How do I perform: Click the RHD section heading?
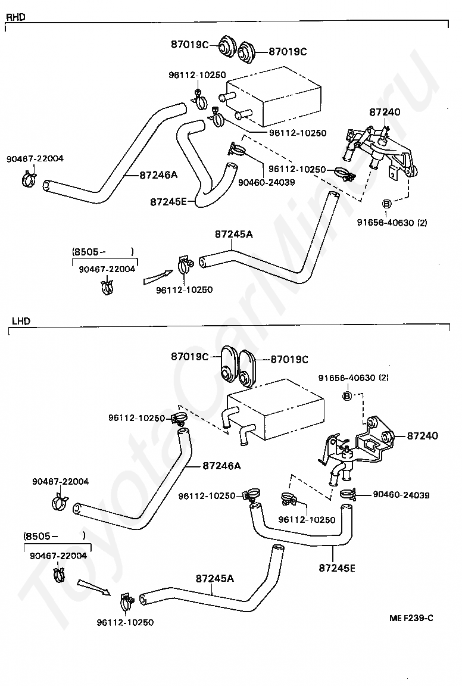[x=15, y=17]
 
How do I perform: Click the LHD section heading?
[x=21, y=321]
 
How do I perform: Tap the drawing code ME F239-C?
[x=411, y=618]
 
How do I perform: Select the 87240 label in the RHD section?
[x=385, y=112]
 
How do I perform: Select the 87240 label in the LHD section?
[x=422, y=436]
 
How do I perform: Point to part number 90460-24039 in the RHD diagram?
[x=267, y=182]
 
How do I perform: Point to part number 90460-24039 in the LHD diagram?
[x=401, y=495]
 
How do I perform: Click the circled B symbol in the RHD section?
[x=387, y=204]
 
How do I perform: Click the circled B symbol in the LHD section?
[x=347, y=396]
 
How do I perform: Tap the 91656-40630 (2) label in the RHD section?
[x=392, y=222]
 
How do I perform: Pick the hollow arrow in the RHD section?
[x=158, y=277]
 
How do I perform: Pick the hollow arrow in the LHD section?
[x=94, y=588]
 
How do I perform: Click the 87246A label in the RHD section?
[x=158, y=175]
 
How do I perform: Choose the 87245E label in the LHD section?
[x=337, y=568]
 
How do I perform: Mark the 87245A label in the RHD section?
[x=233, y=234]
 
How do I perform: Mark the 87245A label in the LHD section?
[x=215, y=578]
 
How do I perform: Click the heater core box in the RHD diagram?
[x=273, y=96]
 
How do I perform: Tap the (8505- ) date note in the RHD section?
[x=102, y=252]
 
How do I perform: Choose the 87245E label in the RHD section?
[x=168, y=202]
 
